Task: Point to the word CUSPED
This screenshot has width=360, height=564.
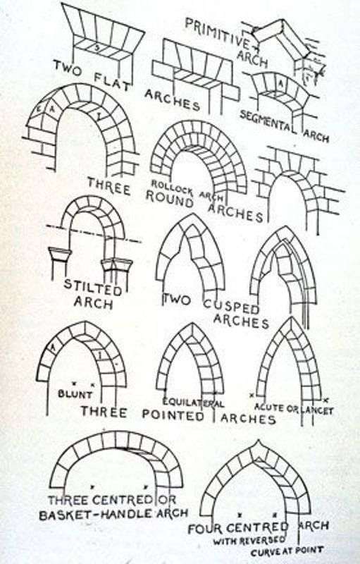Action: [230, 308]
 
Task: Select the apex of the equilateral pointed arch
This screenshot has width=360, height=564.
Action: [190, 324]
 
